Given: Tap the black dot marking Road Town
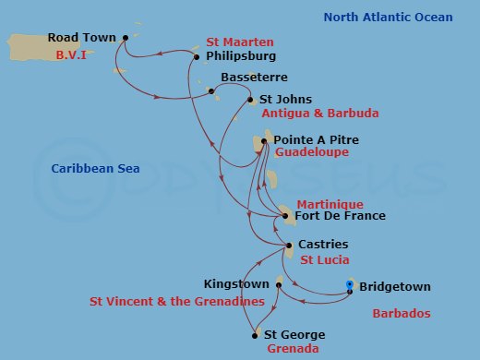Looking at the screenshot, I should [125, 38].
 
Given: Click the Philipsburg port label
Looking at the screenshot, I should [241, 56].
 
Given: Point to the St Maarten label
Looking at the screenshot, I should [240, 42].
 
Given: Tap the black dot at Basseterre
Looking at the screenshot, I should [211, 91].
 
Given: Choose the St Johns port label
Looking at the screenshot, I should [285, 100].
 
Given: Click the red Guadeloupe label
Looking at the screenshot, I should [312, 152].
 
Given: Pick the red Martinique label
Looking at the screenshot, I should [330, 203].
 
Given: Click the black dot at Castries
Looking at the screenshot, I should [289, 245].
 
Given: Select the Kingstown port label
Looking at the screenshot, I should [236, 284].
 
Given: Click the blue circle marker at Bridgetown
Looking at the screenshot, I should [349, 284].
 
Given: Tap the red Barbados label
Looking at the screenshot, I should [402, 314].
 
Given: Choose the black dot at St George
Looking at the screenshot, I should [254, 335].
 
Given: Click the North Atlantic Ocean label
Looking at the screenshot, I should [388, 17].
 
